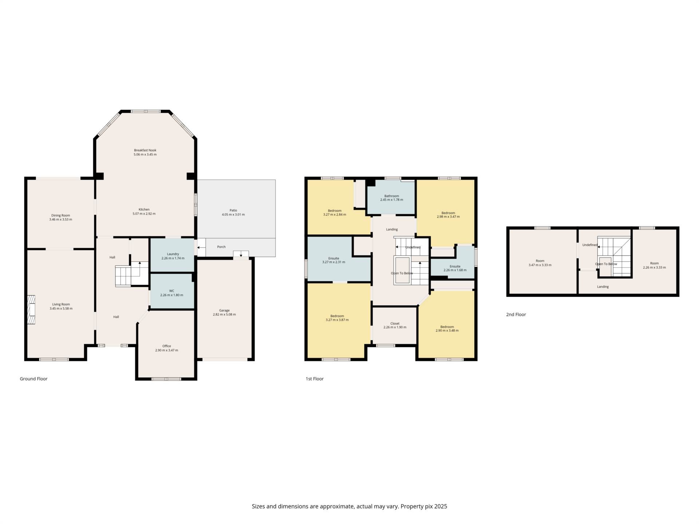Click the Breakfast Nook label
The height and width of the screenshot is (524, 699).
click(x=145, y=150)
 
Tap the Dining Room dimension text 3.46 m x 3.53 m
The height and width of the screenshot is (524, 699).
click(x=61, y=220)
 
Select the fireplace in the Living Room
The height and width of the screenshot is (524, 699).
click(x=31, y=309)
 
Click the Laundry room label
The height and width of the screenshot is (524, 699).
click(x=173, y=254)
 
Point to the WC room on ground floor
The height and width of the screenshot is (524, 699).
click(x=171, y=291)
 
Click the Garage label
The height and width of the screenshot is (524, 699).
click(x=224, y=310)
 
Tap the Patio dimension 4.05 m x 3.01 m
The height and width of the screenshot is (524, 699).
click(x=233, y=215)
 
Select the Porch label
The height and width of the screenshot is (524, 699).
click(x=221, y=247)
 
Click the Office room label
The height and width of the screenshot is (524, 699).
click(x=166, y=346)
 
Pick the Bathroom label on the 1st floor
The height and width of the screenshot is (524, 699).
click(x=391, y=196)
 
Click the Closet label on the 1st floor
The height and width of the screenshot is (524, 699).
click(x=395, y=323)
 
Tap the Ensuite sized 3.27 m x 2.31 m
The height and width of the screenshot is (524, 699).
click(x=333, y=260)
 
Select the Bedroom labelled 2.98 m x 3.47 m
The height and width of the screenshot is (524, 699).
click(x=448, y=215)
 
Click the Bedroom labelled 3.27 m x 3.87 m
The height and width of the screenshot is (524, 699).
click(x=337, y=318)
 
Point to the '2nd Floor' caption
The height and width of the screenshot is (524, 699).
click(x=516, y=314)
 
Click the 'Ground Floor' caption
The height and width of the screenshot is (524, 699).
click(x=33, y=379)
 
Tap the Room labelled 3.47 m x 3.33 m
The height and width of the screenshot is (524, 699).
click(x=540, y=263)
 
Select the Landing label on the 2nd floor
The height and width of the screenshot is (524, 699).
click(x=603, y=287)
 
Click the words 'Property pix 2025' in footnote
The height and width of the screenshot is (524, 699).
click(x=424, y=506)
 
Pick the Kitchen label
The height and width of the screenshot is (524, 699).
click(x=144, y=210)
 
